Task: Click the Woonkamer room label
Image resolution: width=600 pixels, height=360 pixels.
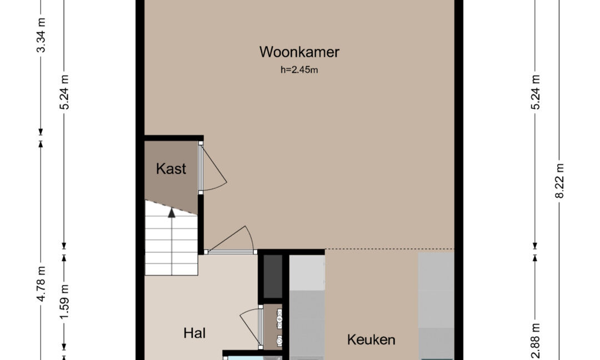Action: tap(299, 52)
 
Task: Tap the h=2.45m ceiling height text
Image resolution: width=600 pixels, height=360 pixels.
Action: tap(299, 70)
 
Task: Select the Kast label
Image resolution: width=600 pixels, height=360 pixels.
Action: tap(171, 169)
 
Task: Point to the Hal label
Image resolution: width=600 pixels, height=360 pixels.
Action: tap(194, 333)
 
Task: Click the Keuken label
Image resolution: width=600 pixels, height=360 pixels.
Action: tap(371, 340)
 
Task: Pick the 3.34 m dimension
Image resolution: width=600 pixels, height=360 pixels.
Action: tap(41, 35)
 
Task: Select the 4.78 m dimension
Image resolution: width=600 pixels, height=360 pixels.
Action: tap(41, 284)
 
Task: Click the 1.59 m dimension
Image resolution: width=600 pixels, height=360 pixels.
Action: tap(64, 302)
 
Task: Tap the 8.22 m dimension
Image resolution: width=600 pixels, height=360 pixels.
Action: tap(559, 181)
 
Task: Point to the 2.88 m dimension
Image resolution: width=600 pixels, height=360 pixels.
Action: tap(536, 341)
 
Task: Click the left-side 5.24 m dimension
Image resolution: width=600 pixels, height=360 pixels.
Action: tap(64, 92)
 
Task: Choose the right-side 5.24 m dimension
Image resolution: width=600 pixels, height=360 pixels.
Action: tap(536, 92)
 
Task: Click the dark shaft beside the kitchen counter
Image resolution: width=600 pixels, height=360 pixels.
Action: tap(273, 276)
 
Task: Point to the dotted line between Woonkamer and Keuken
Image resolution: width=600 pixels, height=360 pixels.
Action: tap(389, 249)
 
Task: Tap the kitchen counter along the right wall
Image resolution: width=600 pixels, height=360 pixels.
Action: tap(436, 306)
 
